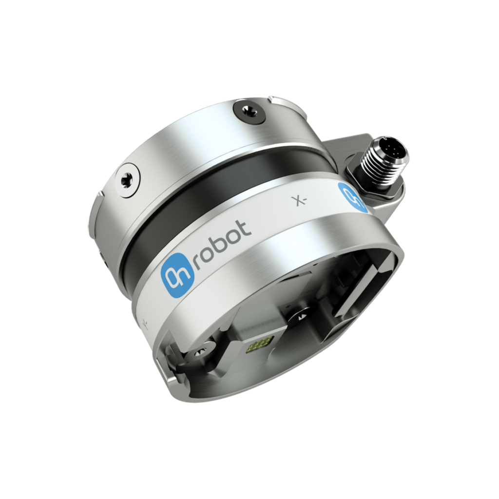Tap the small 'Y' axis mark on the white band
(145, 322)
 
